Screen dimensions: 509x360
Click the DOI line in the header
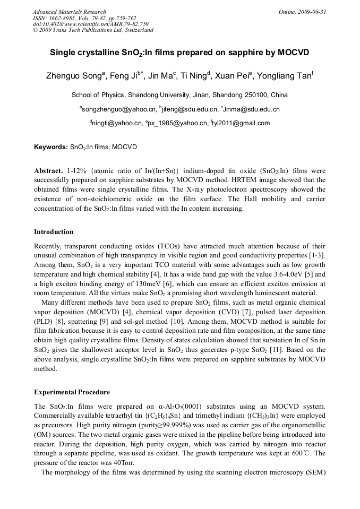click(91, 24)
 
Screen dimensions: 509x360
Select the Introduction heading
click(54, 232)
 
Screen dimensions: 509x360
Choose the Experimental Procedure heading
click(72, 392)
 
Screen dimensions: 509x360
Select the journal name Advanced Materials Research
click(69, 12)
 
